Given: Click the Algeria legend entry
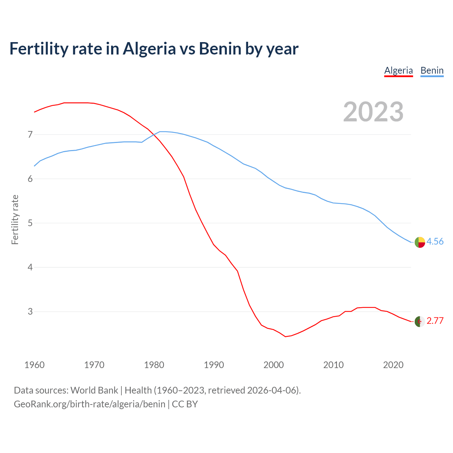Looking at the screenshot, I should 398,70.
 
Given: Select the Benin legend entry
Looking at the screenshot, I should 432,70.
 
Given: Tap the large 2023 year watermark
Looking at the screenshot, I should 373,112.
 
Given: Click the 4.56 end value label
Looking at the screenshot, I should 435,241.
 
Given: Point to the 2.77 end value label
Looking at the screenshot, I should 435,321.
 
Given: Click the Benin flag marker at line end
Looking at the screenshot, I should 420,242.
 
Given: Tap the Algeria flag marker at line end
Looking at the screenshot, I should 420,322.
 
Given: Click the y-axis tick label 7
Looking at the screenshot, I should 30,134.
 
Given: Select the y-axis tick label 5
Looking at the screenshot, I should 30,223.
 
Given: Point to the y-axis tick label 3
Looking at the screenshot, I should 30,311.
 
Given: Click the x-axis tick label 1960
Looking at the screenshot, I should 34,365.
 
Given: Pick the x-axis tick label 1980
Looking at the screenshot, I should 154,365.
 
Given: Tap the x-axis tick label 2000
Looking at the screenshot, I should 274,365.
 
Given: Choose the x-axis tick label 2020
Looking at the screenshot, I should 393,365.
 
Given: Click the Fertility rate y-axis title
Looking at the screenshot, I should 15,219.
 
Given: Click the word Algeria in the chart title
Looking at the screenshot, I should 149,48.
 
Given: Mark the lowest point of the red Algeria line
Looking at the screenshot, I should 286,337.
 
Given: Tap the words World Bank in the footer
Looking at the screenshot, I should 94,390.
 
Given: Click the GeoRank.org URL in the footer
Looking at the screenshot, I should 90,404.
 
